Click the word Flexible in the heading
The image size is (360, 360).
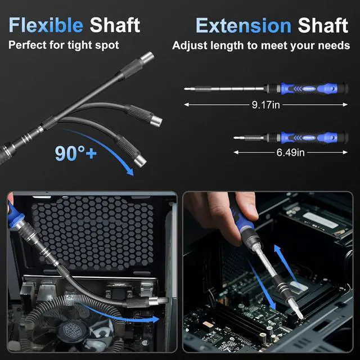(x=46, y=25)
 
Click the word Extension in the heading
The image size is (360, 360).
(x=244, y=25)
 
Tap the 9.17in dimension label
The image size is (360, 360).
(x=266, y=105)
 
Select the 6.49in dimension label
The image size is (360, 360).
(x=290, y=152)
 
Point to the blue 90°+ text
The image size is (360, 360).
(x=76, y=154)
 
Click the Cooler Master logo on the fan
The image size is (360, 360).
(x=69, y=331)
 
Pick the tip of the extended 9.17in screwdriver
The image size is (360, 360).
(x=184, y=89)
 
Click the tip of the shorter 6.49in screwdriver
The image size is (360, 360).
(x=234, y=138)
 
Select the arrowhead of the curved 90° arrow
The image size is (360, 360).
(x=130, y=172)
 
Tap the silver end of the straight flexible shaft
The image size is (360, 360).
(x=147, y=57)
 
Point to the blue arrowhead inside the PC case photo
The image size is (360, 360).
(x=155, y=319)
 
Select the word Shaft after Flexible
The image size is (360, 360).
(x=115, y=25)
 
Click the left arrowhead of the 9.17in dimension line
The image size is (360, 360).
(x=186, y=105)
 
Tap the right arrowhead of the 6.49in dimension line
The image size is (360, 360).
(x=345, y=152)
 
